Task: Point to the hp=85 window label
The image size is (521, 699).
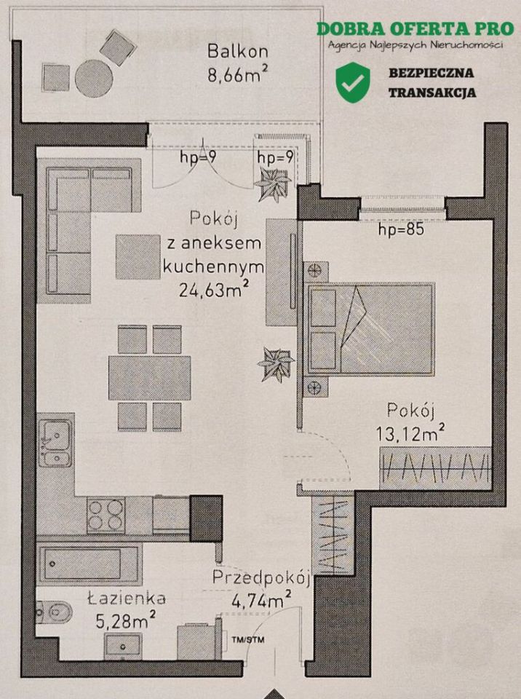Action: coord(401,231)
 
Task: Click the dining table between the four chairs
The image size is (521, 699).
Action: coord(149,377)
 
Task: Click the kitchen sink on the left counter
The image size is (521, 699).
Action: coord(55,443)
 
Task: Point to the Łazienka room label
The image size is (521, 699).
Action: coord(126,599)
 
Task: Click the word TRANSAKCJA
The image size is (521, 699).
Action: coord(432,92)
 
